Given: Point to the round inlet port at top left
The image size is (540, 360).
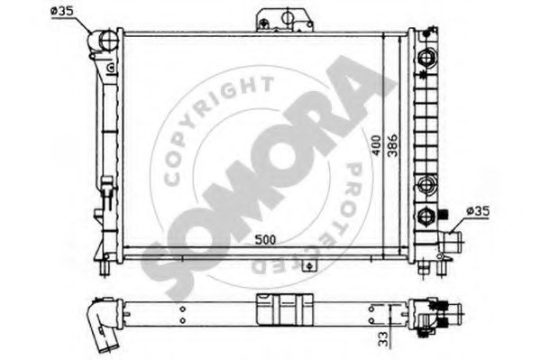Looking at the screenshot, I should coord(106,41).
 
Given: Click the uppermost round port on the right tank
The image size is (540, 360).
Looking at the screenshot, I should coord(426,57).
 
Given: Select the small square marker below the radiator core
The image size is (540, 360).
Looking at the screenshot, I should coord(308,266).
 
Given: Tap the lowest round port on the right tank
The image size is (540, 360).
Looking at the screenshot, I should coord(426,215).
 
